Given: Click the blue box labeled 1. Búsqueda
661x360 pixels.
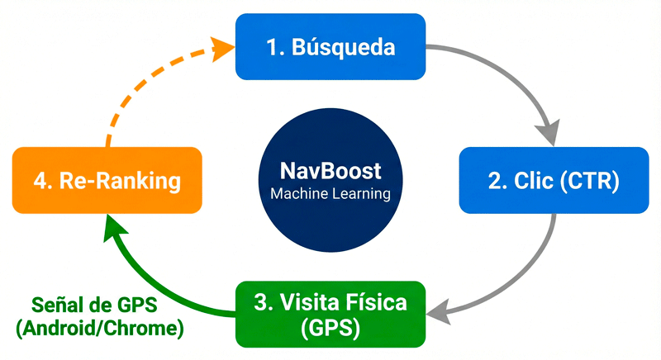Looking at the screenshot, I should tap(330, 47).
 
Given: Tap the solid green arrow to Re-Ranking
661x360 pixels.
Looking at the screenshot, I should tap(157, 281).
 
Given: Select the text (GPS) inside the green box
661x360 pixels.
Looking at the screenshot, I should tap(330, 328).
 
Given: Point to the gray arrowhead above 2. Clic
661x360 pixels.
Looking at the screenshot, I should tap(547, 131).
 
